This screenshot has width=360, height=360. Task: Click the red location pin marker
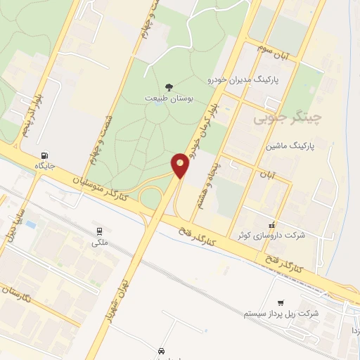[x=181, y=165]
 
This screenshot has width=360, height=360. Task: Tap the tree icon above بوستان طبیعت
[x=168, y=87]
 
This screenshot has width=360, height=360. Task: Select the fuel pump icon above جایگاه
[x=46, y=156]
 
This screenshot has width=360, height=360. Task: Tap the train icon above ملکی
[x=99, y=230]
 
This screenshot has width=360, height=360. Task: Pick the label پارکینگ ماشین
[x=290, y=147]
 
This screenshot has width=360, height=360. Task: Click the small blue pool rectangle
[x=31, y=224]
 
